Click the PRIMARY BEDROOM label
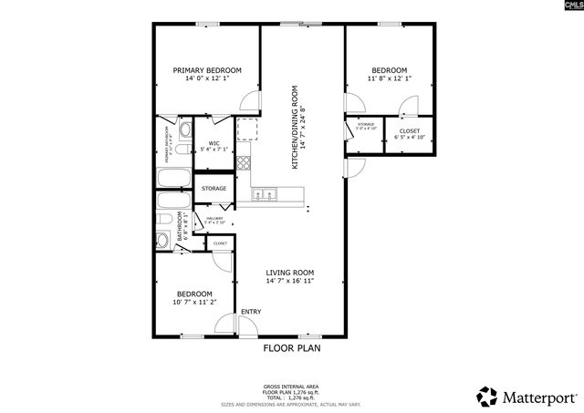(207, 70)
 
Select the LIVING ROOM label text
(289, 273)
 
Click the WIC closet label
(214, 143)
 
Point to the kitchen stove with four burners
(244, 164)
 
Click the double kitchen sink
(264, 193)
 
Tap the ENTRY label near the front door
(250, 313)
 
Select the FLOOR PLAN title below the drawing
(292, 347)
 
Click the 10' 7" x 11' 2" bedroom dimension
(194, 302)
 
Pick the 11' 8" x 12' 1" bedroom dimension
(390, 78)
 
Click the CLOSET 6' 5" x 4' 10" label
(410, 133)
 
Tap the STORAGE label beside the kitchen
(214, 189)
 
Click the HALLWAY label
(214, 219)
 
